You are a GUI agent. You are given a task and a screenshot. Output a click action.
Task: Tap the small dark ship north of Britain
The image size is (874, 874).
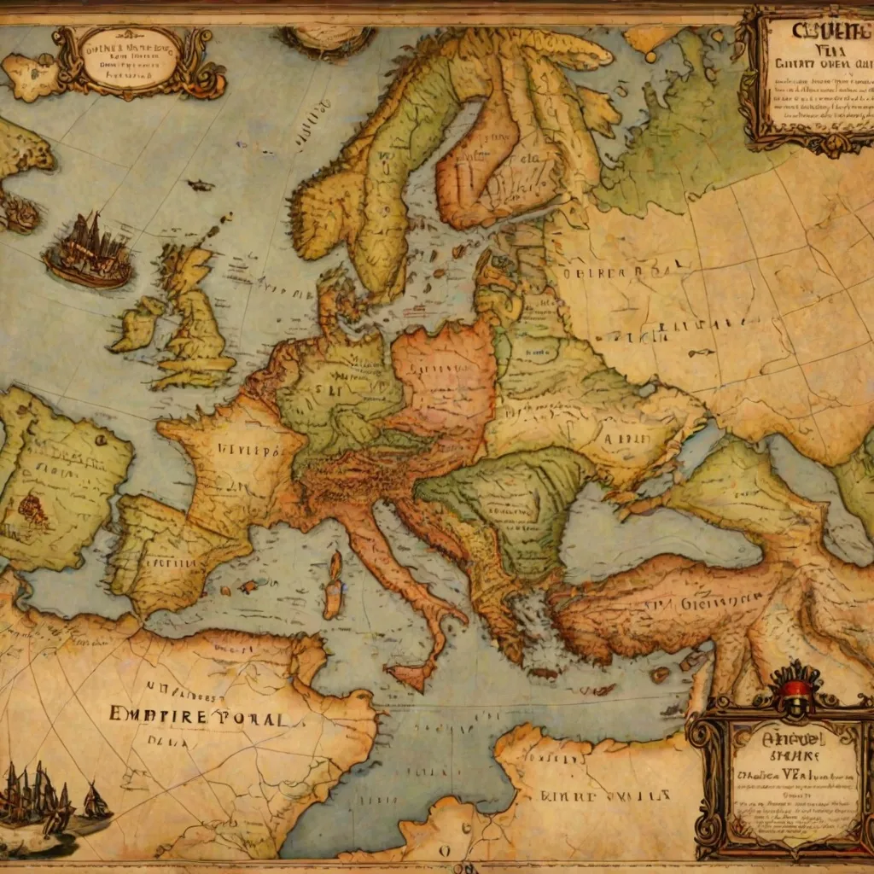tap(201, 185)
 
